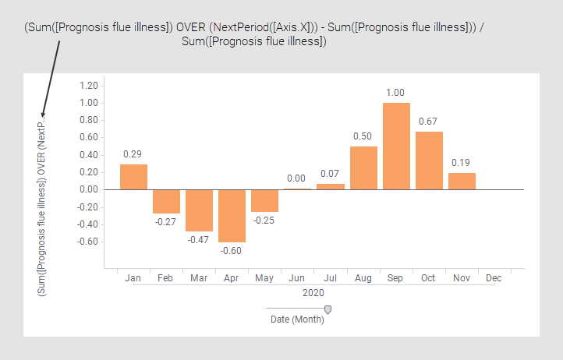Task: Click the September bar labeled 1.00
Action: (396, 146)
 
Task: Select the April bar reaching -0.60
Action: (232, 215)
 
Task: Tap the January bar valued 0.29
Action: (133, 177)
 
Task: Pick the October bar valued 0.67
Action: (429, 161)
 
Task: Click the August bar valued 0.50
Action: (363, 168)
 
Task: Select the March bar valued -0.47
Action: (199, 210)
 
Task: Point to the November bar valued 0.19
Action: (462, 181)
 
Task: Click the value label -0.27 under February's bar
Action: (166, 221)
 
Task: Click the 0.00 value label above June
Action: (297, 179)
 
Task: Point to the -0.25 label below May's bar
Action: (264, 220)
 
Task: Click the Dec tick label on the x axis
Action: (494, 277)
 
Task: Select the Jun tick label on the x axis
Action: (297, 277)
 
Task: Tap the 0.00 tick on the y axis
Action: (88, 189)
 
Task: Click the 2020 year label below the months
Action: (313, 293)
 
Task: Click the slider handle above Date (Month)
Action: (328, 309)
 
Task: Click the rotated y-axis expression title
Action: (42, 207)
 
